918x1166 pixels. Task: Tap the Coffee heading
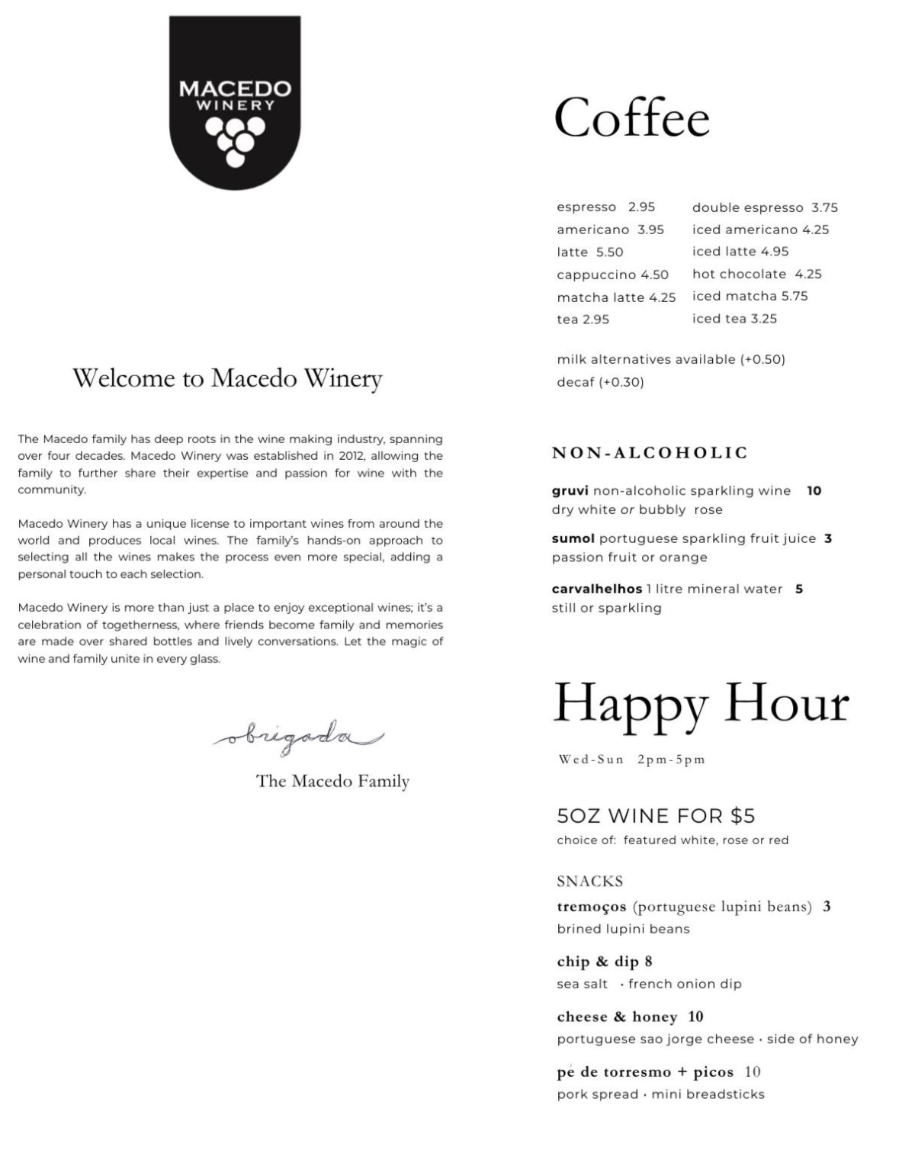click(631, 118)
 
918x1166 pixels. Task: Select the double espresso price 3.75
click(824, 207)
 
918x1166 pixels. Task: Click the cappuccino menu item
click(596, 275)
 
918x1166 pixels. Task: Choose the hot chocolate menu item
click(739, 274)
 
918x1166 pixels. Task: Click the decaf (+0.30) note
click(600, 382)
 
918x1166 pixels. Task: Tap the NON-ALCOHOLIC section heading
click(650, 453)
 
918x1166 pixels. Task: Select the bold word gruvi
click(570, 491)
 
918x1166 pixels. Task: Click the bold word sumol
click(573, 538)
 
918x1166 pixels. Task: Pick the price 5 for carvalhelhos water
click(799, 589)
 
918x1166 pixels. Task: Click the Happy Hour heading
click(700, 703)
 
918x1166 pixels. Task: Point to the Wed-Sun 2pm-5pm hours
click(631, 760)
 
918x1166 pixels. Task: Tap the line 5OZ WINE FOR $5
click(656, 816)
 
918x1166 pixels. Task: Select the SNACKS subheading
click(589, 882)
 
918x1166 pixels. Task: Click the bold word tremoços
click(591, 907)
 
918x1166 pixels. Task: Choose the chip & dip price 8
click(648, 962)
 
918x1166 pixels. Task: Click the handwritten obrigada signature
click(297, 737)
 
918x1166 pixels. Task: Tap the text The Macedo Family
click(332, 781)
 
